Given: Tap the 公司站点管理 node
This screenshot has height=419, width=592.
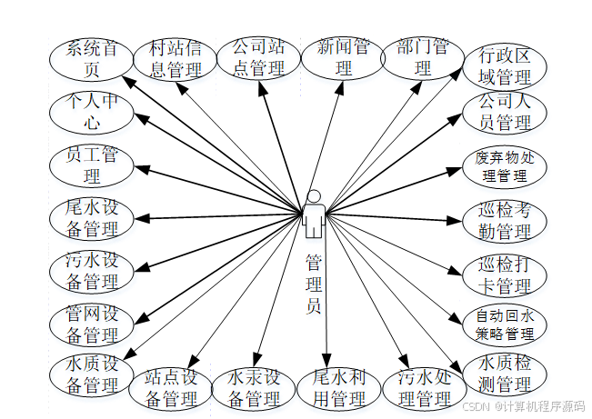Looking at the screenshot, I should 258,56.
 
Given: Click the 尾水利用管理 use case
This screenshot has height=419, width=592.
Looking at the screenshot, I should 338,388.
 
